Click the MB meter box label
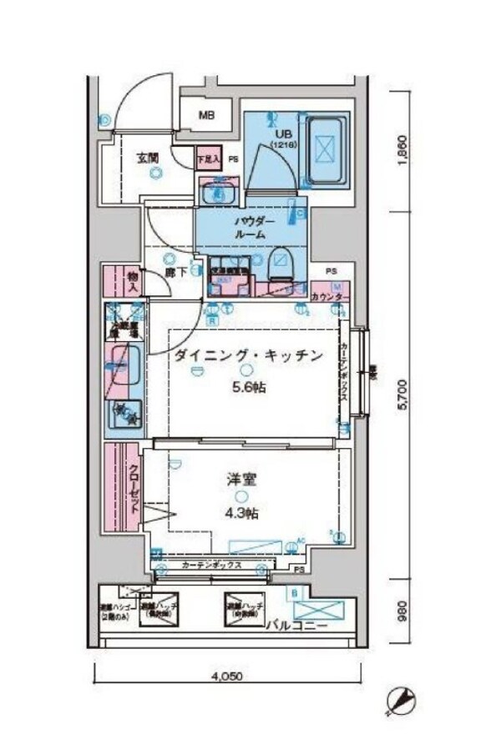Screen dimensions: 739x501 pyautogui.click(x=205, y=116)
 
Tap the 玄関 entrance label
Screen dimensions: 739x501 pyautogui.click(x=149, y=155)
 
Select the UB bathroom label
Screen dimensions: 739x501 pyautogui.click(x=276, y=133)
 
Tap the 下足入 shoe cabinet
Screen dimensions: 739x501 pyautogui.click(x=208, y=157)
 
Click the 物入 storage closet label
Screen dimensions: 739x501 pyautogui.click(x=133, y=281)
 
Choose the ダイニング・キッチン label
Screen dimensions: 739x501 pyautogui.click(x=247, y=357)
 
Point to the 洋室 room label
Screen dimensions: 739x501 pyautogui.click(x=240, y=480)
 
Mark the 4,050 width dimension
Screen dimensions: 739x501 pyautogui.click(x=228, y=677)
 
